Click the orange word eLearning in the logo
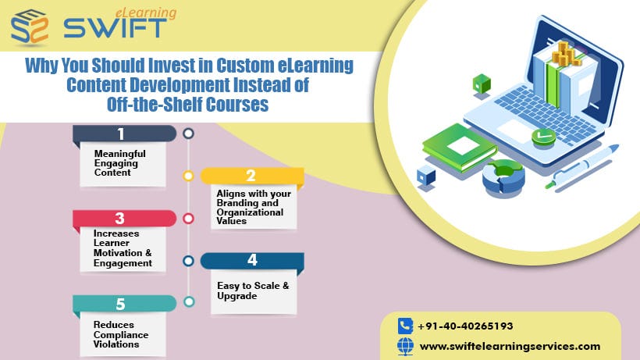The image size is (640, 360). [x=147, y=12]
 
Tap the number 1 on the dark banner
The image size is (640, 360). [x=121, y=134]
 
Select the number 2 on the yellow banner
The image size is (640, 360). [x=251, y=176]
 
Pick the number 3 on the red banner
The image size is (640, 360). [x=120, y=219]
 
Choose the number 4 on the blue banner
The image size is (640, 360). [x=252, y=261]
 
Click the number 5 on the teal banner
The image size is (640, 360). [x=120, y=304]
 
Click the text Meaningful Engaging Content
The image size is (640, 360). [x=119, y=162]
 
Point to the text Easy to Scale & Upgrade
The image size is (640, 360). [x=253, y=291]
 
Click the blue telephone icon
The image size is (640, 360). [x=404, y=326]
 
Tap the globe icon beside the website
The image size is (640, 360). [x=404, y=346]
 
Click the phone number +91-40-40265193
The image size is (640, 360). [x=465, y=326]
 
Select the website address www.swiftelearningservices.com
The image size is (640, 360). [x=510, y=346]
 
